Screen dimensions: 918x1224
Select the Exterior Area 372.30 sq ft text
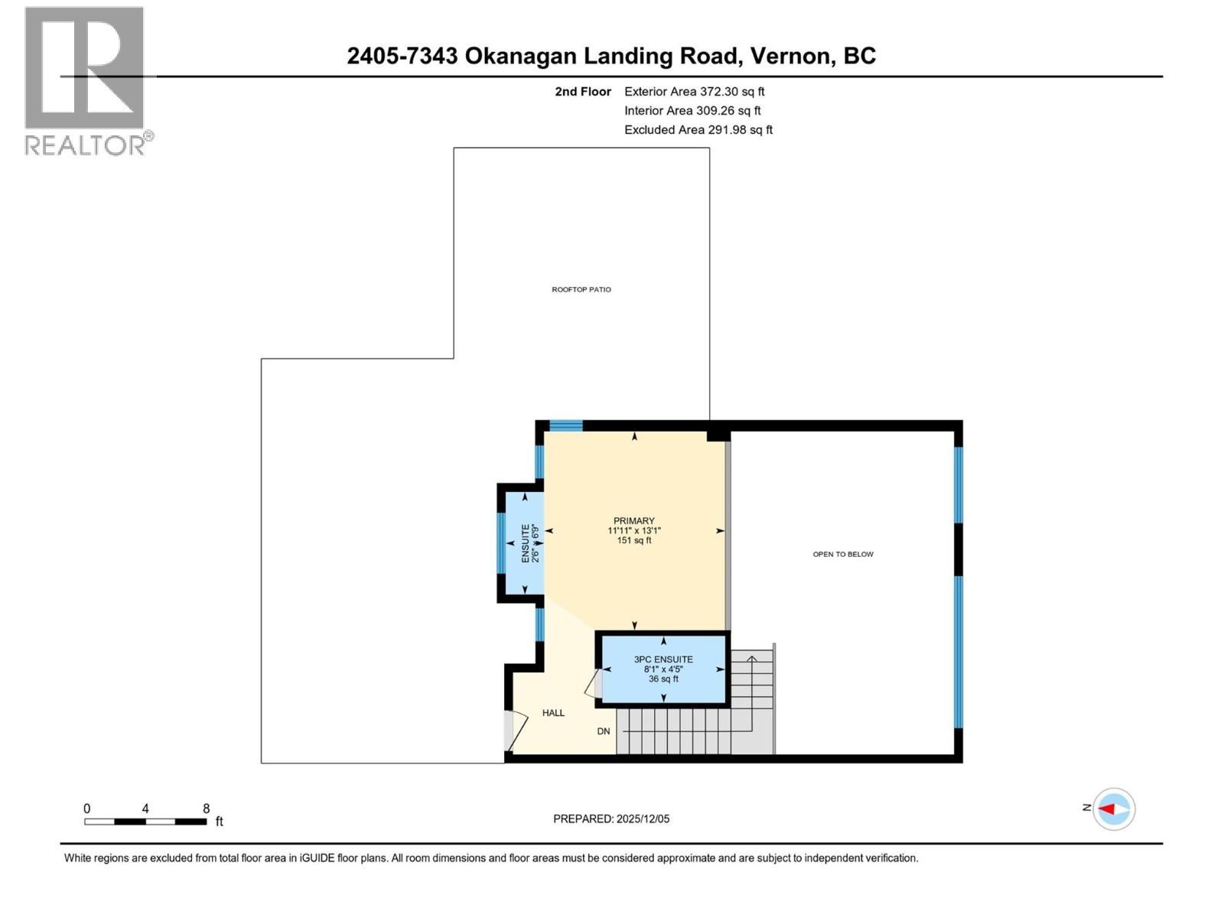pyautogui.click(x=694, y=91)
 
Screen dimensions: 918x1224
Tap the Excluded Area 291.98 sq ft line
pyautogui.click(x=698, y=129)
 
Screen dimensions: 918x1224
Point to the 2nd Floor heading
pyautogui.click(x=583, y=91)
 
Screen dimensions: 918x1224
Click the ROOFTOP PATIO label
pyautogui.click(x=581, y=289)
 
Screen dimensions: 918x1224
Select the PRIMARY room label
pyautogui.click(x=633, y=521)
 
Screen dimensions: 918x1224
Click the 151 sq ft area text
pyautogui.click(x=633, y=540)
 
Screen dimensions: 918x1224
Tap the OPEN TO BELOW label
pyautogui.click(x=842, y=554)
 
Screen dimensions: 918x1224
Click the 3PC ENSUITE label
pyautogui.click(x=663, y=659)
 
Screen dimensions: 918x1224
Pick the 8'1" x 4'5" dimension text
pyautogui.click(x=663, y=669)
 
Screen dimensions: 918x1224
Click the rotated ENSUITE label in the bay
pyautogui.click(x=526, y=543)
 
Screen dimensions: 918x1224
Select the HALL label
pyautogui.click(x=553, y=713)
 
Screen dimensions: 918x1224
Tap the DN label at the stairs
pyautogui.click(x=604, y=731)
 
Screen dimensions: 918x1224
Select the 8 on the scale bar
pyautogui.click(x=206, y=809)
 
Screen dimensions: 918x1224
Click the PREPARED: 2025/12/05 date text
pyautogui.click(x=611, y=819)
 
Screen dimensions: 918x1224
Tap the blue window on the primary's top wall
pyautogui.click(x=566, y=425)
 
